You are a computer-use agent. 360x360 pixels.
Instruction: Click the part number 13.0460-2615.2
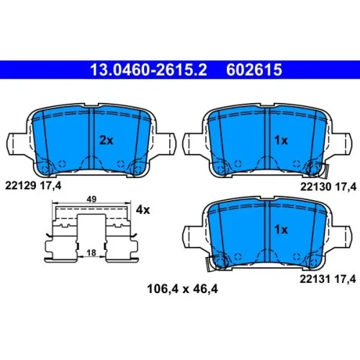click(148, 70)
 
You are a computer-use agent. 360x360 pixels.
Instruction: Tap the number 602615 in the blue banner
click(254, 70)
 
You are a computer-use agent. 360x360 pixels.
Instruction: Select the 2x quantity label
click(107, 140)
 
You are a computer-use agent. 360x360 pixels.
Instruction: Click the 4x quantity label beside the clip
click(143, 210)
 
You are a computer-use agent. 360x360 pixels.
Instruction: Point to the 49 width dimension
click(91, 199)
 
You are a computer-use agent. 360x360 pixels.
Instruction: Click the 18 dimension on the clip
click(91, 253)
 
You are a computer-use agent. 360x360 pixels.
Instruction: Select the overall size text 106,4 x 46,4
click(182, 289)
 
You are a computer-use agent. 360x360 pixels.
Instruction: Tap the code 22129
click(21, 185)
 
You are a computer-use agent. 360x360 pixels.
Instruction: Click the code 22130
click(316, 186)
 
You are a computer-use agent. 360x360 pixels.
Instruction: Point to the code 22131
click(315, 279)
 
